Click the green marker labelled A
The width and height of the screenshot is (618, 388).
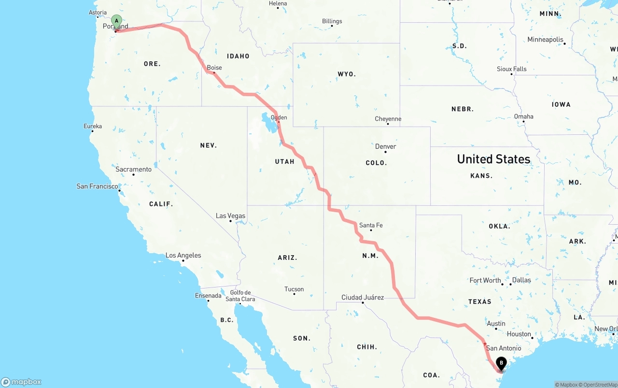point(116,20)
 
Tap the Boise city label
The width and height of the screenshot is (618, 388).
point(214,68)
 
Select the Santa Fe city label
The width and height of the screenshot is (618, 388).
point(371,225)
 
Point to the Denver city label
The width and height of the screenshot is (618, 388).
point(385,146)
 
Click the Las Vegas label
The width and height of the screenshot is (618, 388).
point(230,216)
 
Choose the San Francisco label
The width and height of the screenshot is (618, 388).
point(97,186)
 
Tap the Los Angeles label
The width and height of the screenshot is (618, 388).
point(183,255)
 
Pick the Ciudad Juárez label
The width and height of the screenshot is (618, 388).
point(363,297)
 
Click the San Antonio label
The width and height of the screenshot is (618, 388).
point(504,348)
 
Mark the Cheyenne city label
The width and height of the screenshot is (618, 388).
point(388,119)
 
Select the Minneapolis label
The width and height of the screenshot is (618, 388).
point(545,40)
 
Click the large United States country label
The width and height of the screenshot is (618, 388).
point(493,159)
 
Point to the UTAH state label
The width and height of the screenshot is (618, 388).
point(284,161)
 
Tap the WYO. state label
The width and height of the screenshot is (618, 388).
point(347,74)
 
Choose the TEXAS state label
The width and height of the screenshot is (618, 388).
point(479,302)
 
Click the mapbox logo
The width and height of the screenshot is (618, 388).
point(21,382)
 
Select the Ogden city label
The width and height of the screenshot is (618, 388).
point(279,117)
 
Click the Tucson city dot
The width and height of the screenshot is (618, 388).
point(294,294)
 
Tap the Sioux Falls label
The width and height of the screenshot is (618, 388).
point(511,69)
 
